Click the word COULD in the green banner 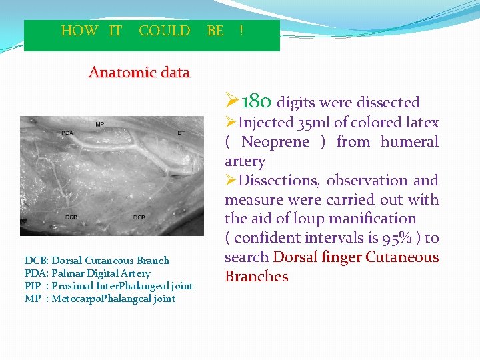164,31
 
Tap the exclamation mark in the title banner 241,31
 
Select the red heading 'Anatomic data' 139,72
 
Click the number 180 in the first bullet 256,101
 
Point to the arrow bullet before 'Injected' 231,123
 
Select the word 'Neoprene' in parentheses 275,142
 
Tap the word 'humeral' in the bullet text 409,142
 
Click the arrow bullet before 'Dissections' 231,181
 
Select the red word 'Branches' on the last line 257,277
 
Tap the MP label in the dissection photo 99,125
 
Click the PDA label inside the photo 67,133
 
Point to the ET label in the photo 181,133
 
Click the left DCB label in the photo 72,217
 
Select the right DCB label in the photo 139,217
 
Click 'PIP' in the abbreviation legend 33,286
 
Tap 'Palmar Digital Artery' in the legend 101,273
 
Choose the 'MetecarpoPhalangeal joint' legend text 113,299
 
